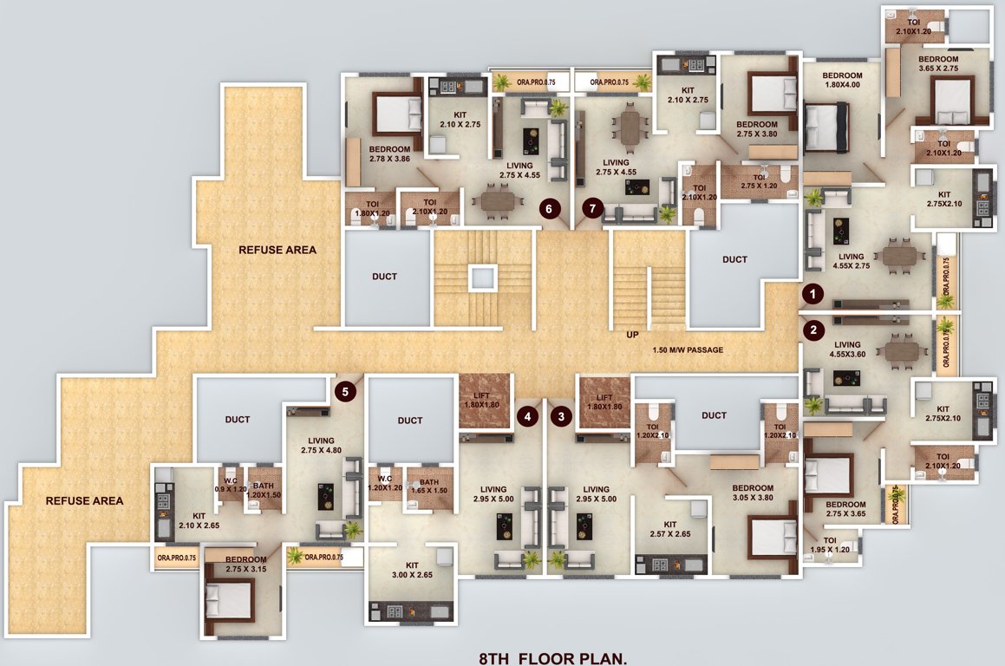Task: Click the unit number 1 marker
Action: coord(812,294)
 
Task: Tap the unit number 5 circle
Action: coord(346,391)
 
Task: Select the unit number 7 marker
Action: coord(593,207)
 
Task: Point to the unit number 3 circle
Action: coord(562,416)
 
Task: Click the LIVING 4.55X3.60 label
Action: coord(847,349)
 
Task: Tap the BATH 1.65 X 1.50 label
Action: coord(428,486)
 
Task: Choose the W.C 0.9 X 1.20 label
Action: coord(232,485)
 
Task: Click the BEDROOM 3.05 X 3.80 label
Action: coord(752,493)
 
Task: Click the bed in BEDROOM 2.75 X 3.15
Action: coord(230,600)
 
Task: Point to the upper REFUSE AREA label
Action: coord(277,250)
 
